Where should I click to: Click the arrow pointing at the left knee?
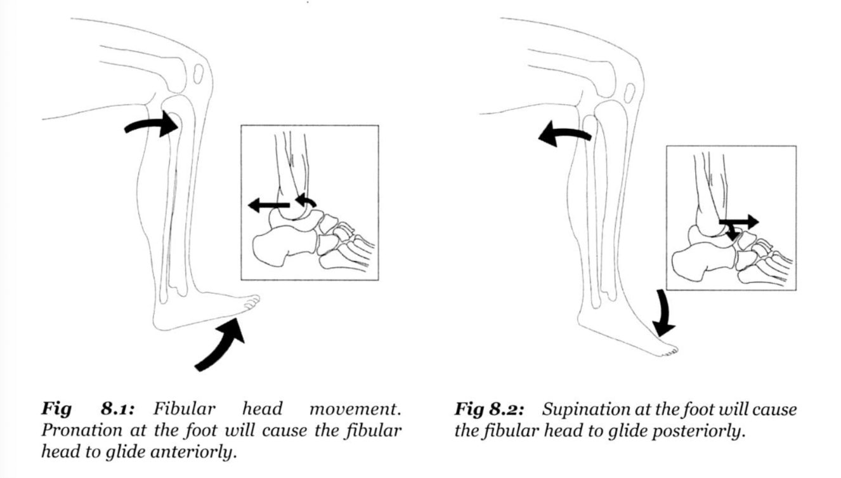[152, 124]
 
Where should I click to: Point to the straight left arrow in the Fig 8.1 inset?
[269, 204]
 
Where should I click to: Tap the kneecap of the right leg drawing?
[629, 93]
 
